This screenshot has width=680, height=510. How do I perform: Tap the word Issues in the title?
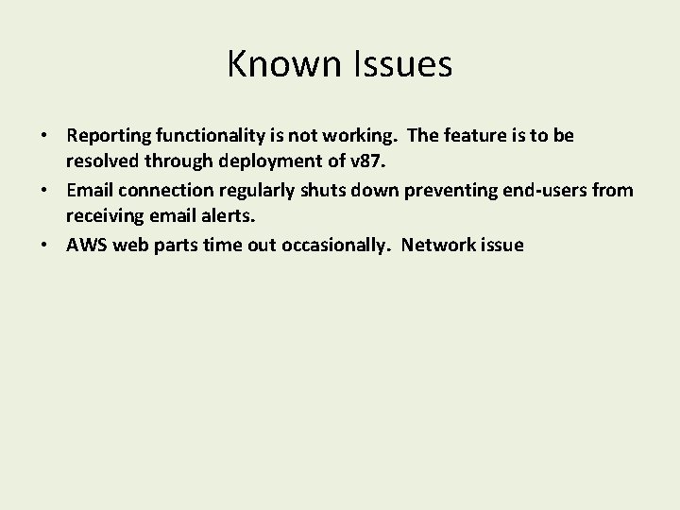(x=399, y=65)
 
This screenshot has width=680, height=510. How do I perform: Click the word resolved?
(x=102, y=163)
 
